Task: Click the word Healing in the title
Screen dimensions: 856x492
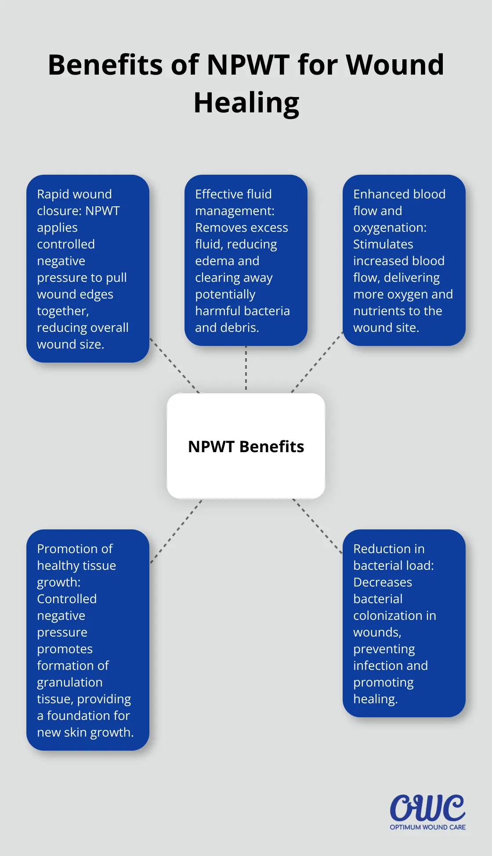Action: (246, 103)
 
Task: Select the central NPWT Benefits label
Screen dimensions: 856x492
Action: (246, 446)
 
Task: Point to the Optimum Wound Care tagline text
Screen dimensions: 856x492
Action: (427, 827)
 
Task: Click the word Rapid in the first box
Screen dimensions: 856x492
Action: (53, 194)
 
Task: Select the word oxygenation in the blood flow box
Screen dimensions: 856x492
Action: (389, 228)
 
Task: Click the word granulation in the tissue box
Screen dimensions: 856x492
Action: (69, 683)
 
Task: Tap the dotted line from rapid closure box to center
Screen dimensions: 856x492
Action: (174, 365)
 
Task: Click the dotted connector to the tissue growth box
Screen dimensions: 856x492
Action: (176, 531)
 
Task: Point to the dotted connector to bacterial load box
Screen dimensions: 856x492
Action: (317, 525)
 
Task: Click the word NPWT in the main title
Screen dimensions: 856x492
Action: (248, 65)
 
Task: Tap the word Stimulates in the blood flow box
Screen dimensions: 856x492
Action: (383, 244)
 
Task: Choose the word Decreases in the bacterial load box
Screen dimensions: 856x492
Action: (382, 582)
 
